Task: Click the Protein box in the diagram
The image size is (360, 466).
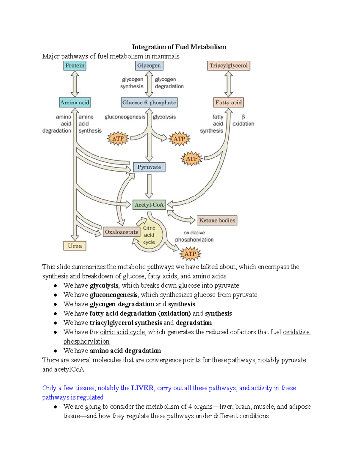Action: point(75,66)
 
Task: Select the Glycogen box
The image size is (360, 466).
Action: point(149,66)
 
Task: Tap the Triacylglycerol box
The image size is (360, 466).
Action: point(229,66)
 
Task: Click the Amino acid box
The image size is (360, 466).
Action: point(75,103)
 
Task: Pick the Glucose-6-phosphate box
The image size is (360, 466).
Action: point(149,103)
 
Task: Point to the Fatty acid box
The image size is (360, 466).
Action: point(229,103)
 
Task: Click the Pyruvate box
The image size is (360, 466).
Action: point(149,167)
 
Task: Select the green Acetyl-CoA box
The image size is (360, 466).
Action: point(149,205)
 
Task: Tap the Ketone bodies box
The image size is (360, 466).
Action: point(217,221)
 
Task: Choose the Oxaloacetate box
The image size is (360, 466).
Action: point(121,232)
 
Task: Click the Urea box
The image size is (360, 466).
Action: point(75,246)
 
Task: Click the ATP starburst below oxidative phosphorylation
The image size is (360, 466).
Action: point(190,254)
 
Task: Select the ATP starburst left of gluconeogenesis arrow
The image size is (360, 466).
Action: point(118,139)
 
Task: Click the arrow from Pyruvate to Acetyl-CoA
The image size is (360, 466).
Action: point(149,186)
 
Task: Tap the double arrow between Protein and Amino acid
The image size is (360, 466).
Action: point(75,84)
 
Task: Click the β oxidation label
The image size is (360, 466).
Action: point(243,120)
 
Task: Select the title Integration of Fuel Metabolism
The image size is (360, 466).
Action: point(179,47)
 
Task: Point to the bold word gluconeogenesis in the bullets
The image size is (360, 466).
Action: point(114,295)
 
